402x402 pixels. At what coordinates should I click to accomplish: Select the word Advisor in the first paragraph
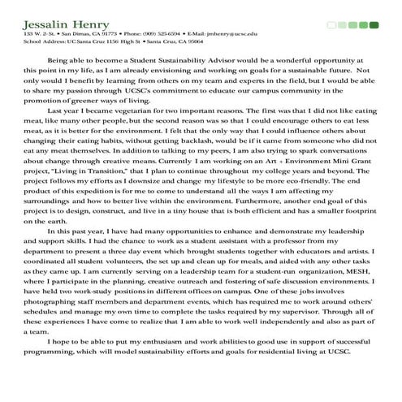[206, 61]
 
